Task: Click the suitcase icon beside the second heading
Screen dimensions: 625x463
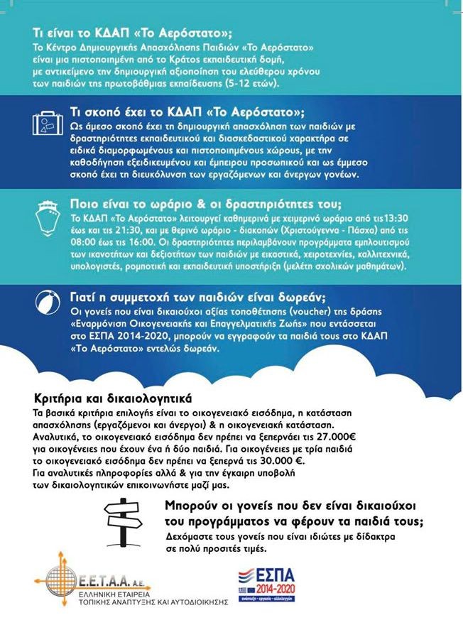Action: [48, 126]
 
